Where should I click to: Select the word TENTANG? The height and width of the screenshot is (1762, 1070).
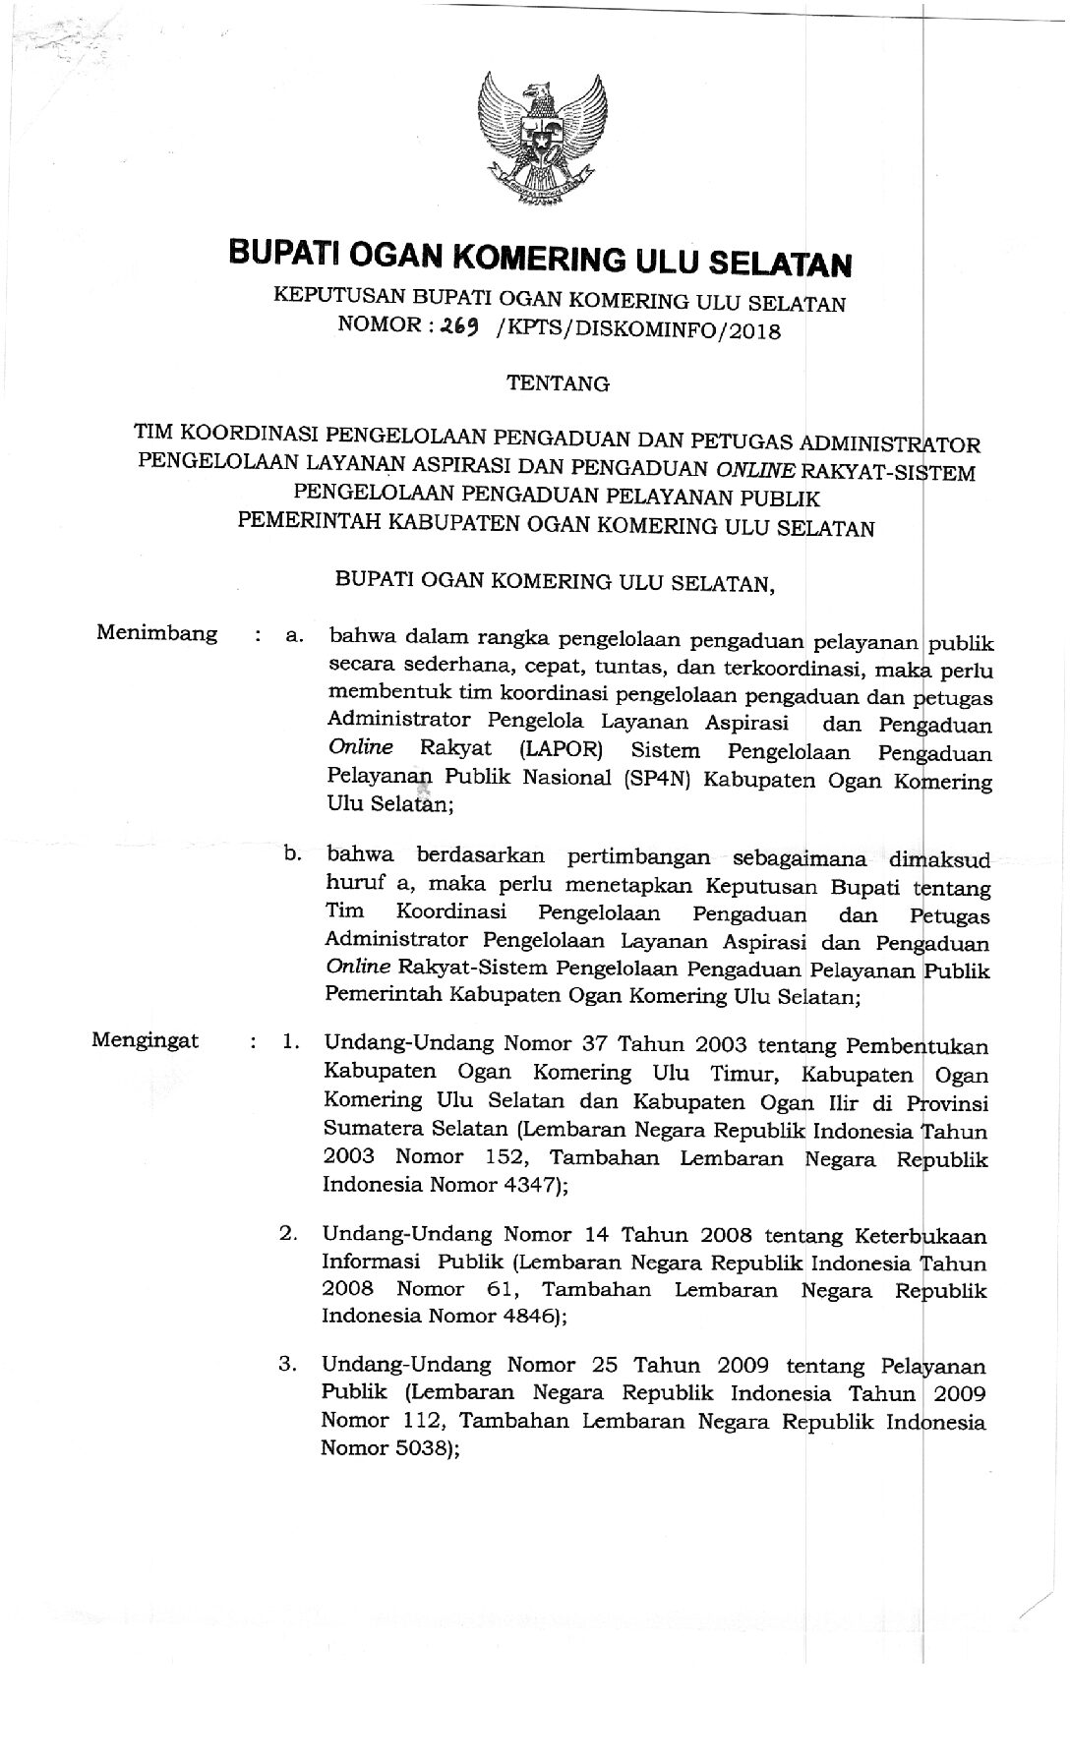pyautogui.click(x=558, y=384)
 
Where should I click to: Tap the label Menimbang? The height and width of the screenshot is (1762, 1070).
pyautogui.click(x=157, y=633)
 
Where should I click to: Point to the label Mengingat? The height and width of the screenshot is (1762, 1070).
pyautogui.click(x=145, y=1040)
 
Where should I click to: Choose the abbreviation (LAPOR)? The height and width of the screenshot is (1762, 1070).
pyautogui.click(x=562, y=752)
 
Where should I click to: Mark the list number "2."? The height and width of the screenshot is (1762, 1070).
pyautogui.click(x=288, y=1232)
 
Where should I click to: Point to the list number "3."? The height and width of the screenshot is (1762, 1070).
pyautogui.click(x=288, y=1365)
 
